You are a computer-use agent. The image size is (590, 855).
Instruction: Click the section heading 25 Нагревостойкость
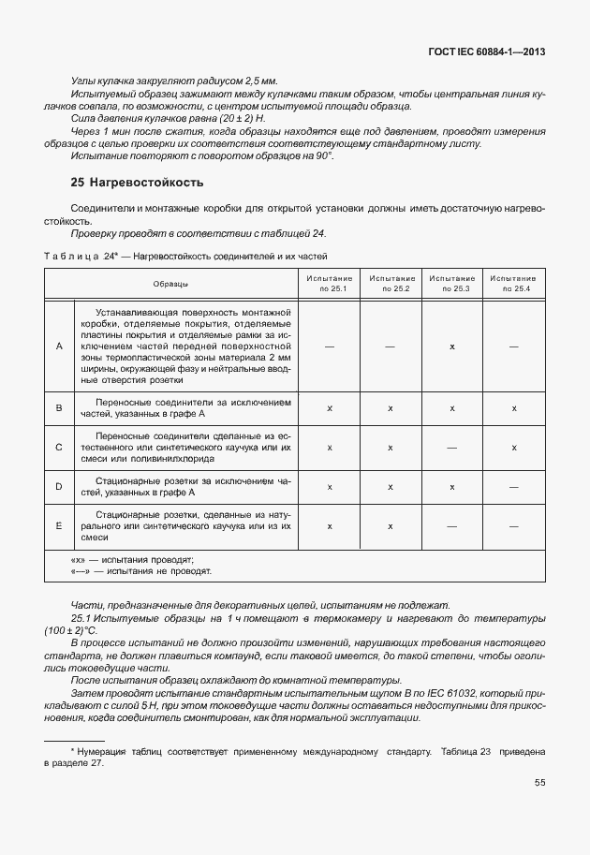(137, 182)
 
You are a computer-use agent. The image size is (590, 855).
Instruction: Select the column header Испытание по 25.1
(330, 283)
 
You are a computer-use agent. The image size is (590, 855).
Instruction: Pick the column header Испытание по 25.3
(451, 283)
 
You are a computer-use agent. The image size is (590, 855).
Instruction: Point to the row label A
(59, 346)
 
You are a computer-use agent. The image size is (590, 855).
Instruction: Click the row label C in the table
(59, 448)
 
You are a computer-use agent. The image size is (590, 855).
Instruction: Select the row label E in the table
(59, 526)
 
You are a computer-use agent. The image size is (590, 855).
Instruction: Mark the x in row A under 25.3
(451, 346)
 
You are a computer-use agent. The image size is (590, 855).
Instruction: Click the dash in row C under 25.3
(451, 448)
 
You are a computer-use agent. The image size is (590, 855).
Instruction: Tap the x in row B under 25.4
(513, 408)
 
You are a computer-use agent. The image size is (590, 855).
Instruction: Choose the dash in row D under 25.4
(513, 487)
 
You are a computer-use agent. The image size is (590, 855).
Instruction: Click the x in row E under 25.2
(391, 526)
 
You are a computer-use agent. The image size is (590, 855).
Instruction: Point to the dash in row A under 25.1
(330, 346)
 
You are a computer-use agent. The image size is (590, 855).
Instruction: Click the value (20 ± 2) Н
(240, 119)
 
